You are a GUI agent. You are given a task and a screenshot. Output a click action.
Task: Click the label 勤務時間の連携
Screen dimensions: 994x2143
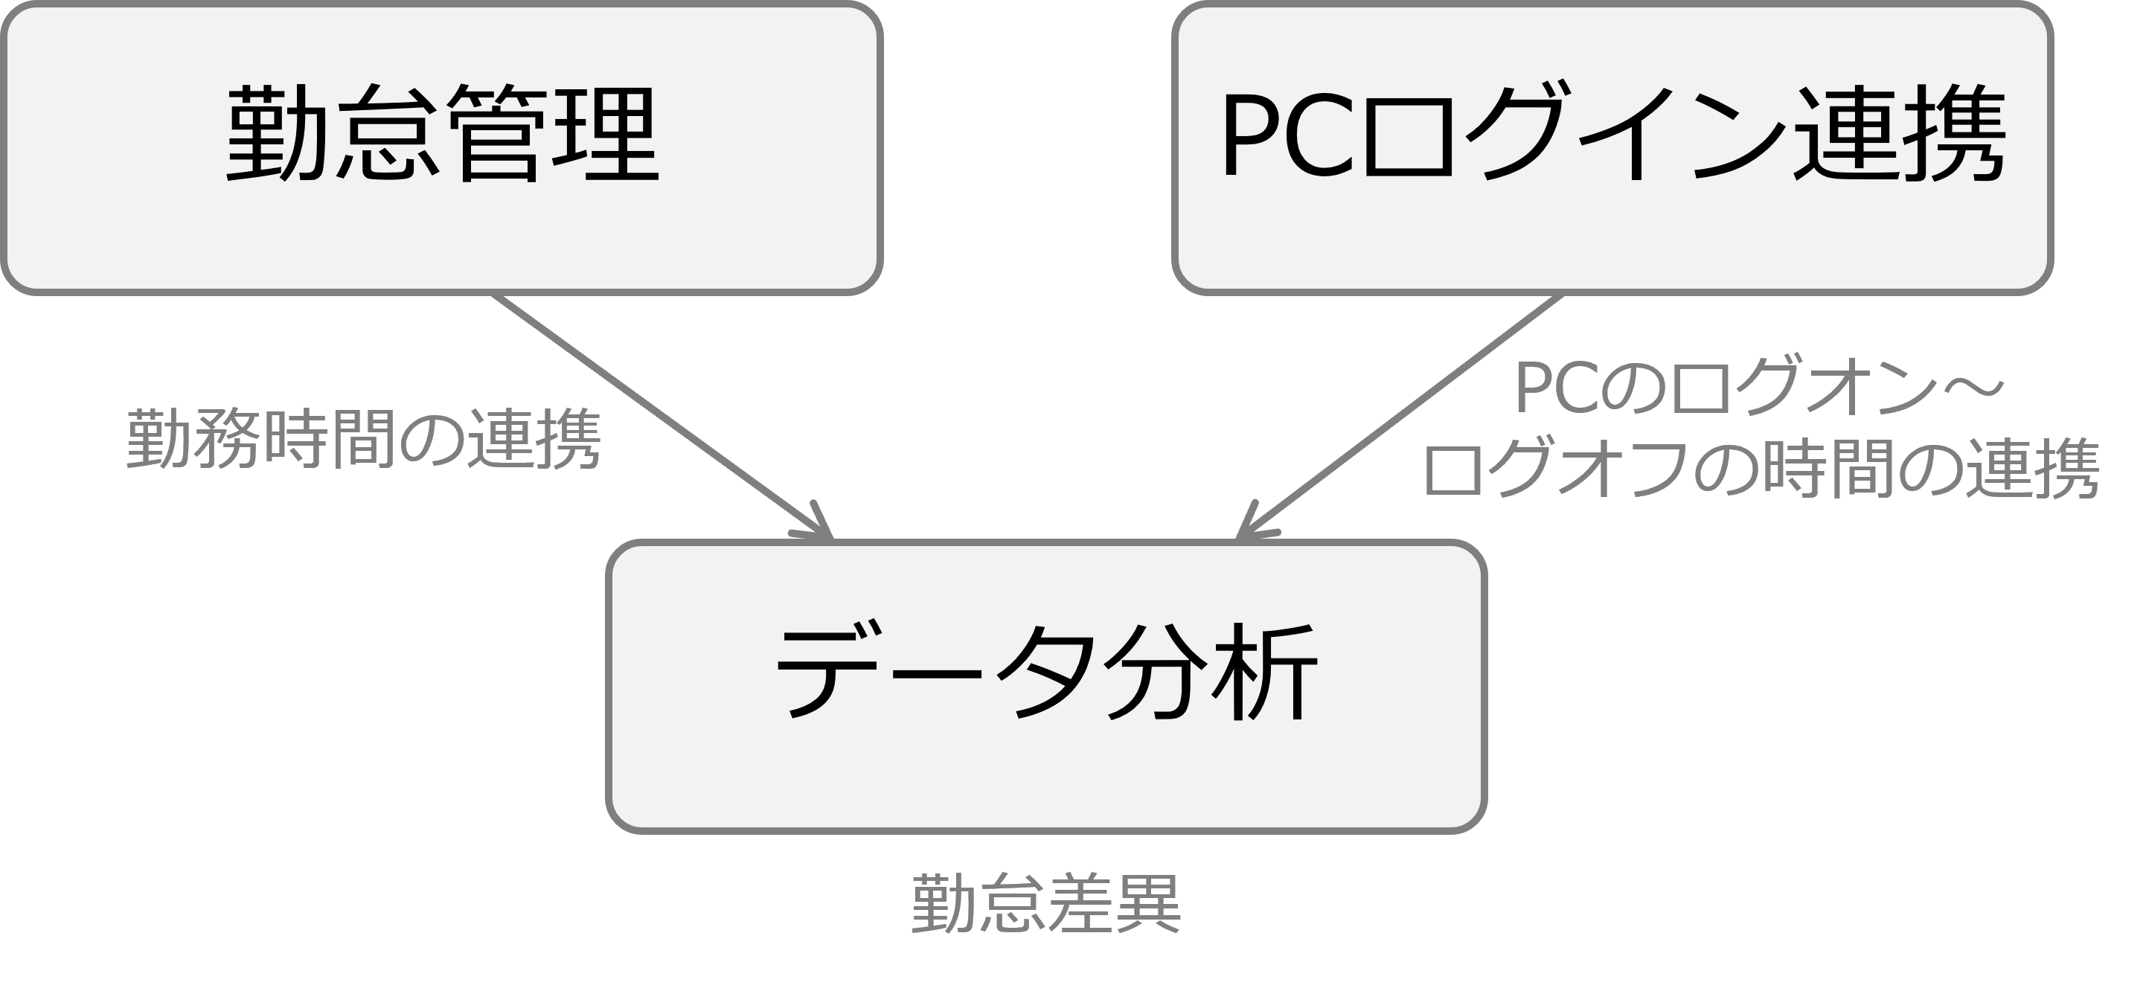(x=364, y=439)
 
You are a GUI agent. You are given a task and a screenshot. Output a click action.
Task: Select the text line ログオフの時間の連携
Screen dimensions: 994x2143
(x=1761, y=470)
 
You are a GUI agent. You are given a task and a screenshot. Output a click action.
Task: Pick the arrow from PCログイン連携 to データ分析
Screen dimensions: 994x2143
(x=1406, y=411)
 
